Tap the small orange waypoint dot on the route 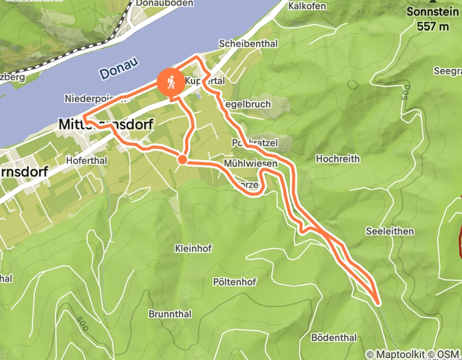pos(182,159)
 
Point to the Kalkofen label pos(307,6)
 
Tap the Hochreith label pos(337,158)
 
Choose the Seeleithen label pos(390,231)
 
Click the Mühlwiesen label pos(251,163)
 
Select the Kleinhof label pos(193,248)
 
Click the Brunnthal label pos(170,314)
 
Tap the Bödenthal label pos(334,338)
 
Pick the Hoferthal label pos(86,160)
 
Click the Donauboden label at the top pos(157,4)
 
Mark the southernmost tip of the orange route pos(378,303)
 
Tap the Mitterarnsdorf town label pos(105,124)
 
